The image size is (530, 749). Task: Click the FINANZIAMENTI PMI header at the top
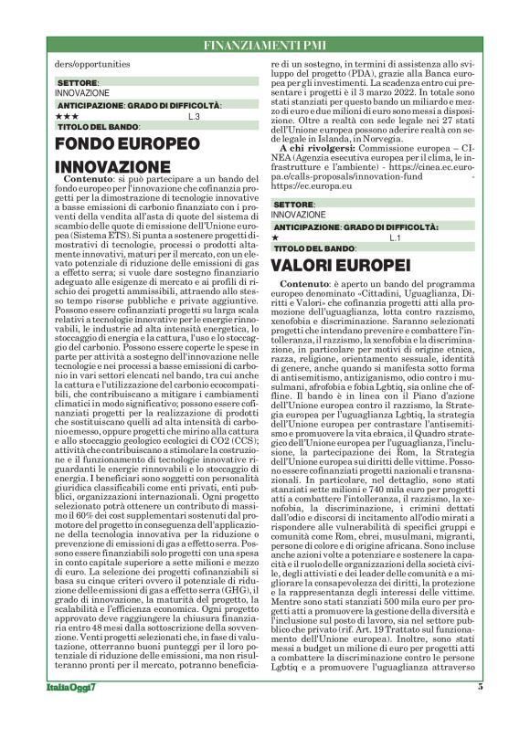coord(265,45)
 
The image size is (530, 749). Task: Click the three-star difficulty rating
coord(67,117)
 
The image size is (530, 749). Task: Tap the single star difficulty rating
coord(276,237)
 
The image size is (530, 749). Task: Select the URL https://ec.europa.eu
coord(310,187)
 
